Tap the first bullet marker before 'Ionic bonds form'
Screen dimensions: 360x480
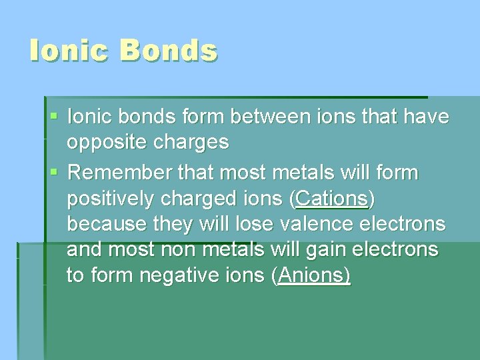click(54, 117)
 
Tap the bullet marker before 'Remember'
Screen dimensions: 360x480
click(54, 173)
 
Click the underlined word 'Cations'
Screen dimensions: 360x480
click(332, 199)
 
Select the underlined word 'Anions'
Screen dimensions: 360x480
click(311, 275)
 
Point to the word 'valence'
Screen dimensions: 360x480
click(318, 224)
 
